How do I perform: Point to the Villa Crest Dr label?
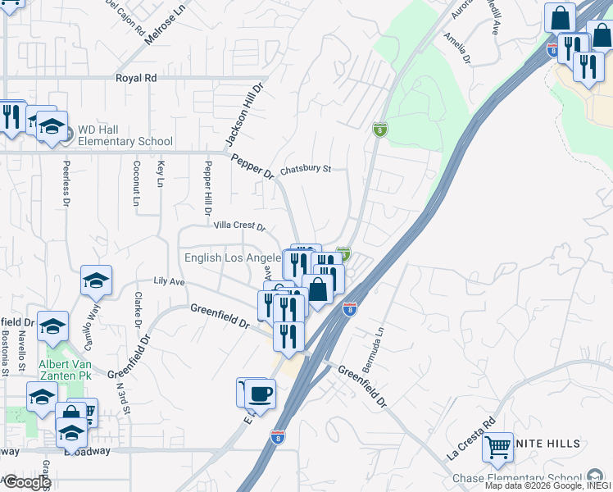tap(239, 225)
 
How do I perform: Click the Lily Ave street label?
tap(170, 281)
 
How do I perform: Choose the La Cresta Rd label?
tap(471, 442)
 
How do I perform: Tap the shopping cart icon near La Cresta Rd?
tap(497, 447)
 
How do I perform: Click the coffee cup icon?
tap(261, 393)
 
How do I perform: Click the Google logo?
tap(26, 482)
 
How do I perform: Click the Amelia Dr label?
tap(457, 48)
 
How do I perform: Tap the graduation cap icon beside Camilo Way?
tap(96, 280)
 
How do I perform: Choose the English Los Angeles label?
tap(233, 257)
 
